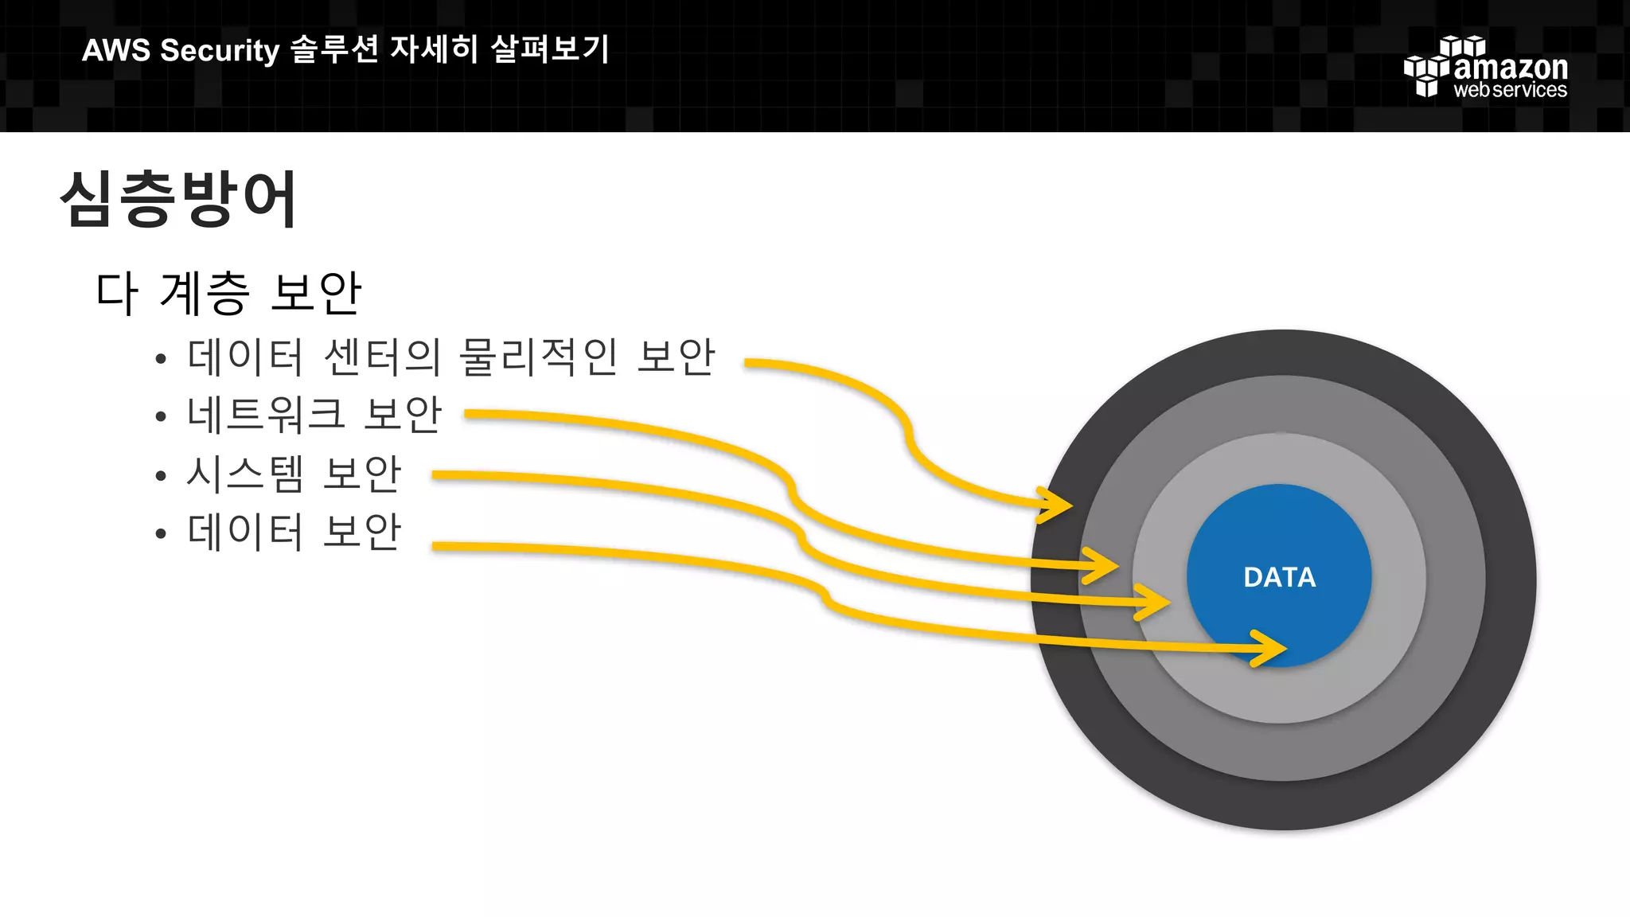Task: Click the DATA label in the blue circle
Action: [x=1279, y=577]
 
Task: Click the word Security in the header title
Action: [x=220, y=50]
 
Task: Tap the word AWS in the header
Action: [x=115, y=50]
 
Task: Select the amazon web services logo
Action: [x=1485, y=68]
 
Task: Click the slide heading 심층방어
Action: [x=179, y=199]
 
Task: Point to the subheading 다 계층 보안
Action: [x=229, y=293]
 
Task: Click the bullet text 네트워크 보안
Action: [x=314, y=415]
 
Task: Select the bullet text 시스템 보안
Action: [x=294, y=474]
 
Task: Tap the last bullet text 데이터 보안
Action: [x=294, y=532]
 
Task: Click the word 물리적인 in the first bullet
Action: [x=539, y=357]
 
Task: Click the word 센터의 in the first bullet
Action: [x=383, y=357]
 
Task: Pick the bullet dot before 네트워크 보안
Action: [x=161, y=416]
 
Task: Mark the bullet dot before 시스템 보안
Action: [x=161, y=476]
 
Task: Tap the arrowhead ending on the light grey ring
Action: [x=1155, y=601]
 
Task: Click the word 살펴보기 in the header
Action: [x=550, y=49]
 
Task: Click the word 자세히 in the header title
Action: [x=434, y=49]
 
